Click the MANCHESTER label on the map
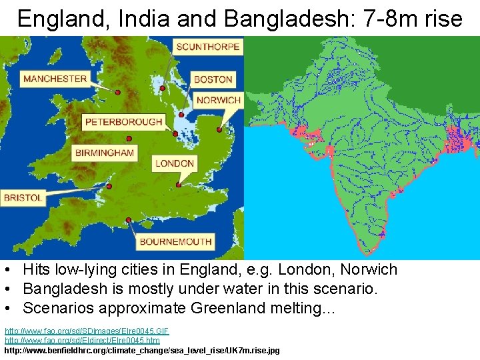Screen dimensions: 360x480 [x=55, y=79]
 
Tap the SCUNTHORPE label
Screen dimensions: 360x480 [x=207, y=47]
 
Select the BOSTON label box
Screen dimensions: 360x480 [x=213, y=79]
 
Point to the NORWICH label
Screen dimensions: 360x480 [x=219, y=100]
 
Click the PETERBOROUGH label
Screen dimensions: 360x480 [x=124, y=122]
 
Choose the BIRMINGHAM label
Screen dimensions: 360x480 [x=105, y=153]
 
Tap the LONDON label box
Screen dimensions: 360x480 [x=175, y=163]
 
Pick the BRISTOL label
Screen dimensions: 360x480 [x=23, y=197]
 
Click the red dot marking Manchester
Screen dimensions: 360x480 [x=117, y=93]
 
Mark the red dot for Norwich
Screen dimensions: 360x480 [x=219, y=129]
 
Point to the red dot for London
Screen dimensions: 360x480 [x=178, y=185]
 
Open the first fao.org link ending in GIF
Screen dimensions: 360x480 [x=87, y=331]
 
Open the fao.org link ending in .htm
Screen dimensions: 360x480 [x=82, y=341]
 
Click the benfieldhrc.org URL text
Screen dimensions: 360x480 [x=142, y=350]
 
